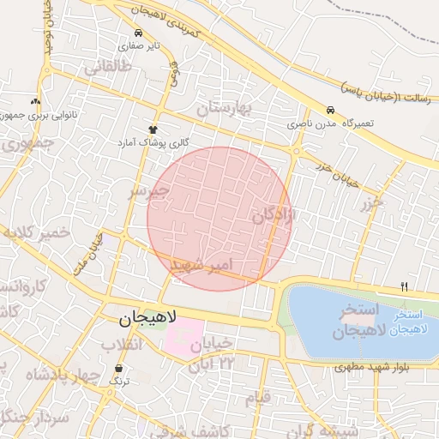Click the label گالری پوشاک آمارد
pos(158,141)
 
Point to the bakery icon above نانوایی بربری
pos(35,100)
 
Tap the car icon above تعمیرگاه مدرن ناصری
pos(330,110)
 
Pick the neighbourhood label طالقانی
pos(106,65)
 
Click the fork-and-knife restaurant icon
pos(404,286)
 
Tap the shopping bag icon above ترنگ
pos(117,368)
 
